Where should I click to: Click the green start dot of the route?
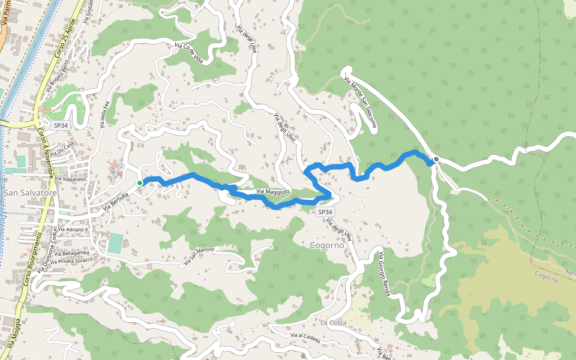click(x=139, y=183)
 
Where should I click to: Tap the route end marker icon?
click(x=436, y=160)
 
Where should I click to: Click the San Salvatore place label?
click(x=29, y=193)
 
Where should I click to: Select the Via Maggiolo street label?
click(x=273, y=191)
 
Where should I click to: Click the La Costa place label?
click(x=333, y=323)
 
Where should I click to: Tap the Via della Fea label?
click(x=103, y=115)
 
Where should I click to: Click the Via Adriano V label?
click(x=69, y=230)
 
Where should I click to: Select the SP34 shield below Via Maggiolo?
click(x=325, y=212)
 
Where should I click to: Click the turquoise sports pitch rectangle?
click(x=115, y=243)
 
